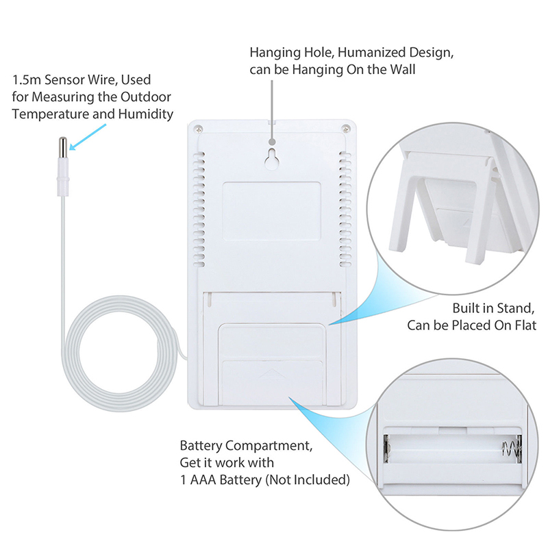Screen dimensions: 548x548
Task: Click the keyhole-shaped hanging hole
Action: click(x=271, y=156)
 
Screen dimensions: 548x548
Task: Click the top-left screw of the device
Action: click(x=199, y=128)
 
